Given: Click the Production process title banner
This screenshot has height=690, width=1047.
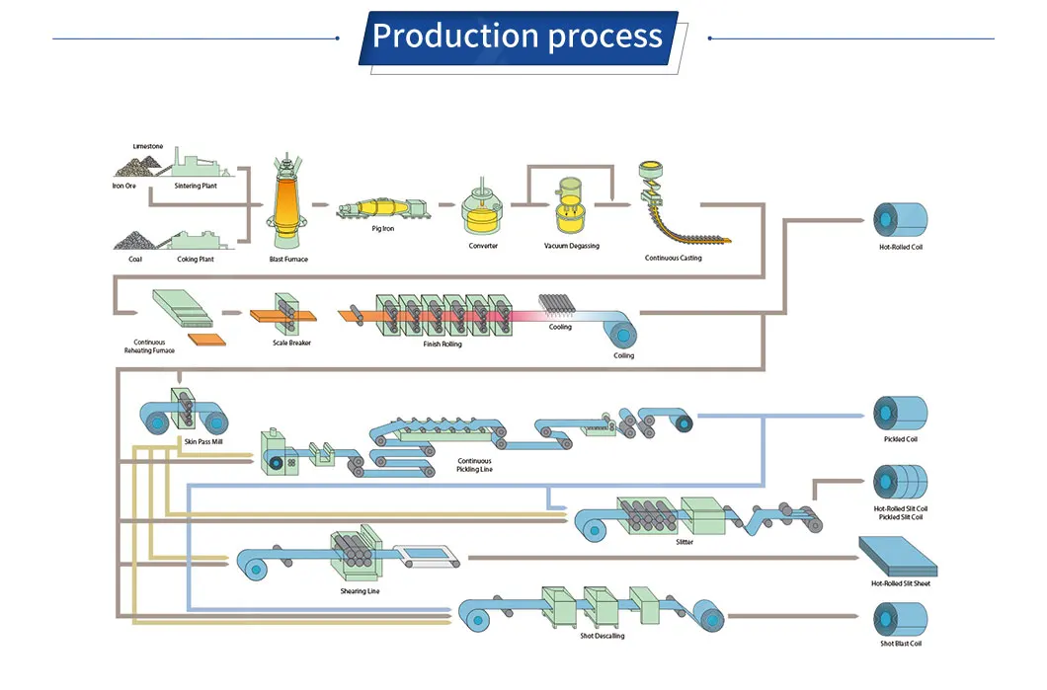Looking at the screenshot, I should click(x=519, y=38).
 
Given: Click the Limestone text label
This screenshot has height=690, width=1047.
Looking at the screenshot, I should click(x=148, y=146).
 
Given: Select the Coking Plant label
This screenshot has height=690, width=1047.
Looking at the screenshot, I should click(x=195, y=259).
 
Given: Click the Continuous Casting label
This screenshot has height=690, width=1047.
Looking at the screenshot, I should click(x=674, y=259).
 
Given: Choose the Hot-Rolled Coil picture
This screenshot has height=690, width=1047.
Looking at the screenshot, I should click(x=899, y=219).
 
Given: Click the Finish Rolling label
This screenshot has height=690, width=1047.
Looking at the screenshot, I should click(x=442, y=344).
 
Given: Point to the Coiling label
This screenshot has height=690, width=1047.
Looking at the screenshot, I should click(x=624, y=355).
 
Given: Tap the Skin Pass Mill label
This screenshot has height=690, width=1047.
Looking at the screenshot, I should click(x=203, y=441).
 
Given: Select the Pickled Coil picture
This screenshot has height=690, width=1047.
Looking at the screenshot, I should click(x=899, y=413).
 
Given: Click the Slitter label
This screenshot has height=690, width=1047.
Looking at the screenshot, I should click(x=685, y=542).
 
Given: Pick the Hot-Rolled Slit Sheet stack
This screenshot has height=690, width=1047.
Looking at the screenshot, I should click(x=899, y=557).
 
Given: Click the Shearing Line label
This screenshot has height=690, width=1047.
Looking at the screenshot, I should click(x=360, y=591).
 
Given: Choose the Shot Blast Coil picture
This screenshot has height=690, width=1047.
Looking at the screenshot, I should click(x=899, y=619).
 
